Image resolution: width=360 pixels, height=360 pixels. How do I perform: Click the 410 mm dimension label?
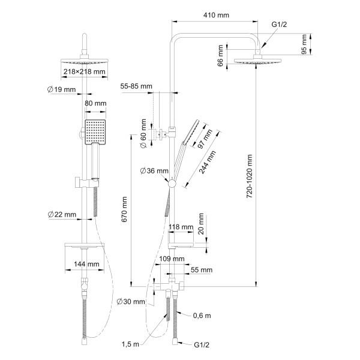tap(216, 15)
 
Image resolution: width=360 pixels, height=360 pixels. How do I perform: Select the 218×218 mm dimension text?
tap(84, 71)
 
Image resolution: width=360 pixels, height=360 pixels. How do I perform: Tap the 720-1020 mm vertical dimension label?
tap(249, 176)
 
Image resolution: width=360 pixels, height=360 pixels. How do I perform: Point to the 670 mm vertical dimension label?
tap(124, 209)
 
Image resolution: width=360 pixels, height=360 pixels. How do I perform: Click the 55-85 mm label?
tap(136, 86)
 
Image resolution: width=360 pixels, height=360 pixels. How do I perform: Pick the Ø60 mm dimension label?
tap(143, 133)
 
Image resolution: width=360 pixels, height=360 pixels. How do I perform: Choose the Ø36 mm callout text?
tap(154, 171)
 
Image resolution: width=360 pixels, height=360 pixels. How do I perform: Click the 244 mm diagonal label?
tap(208, 162)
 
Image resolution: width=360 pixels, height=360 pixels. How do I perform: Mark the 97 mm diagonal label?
tap(205, 139)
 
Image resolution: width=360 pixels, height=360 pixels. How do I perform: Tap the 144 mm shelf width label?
tap(86, 264)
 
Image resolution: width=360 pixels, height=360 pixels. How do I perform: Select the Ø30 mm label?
tap(131, 302)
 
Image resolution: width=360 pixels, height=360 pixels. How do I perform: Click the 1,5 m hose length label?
tap(130, 344)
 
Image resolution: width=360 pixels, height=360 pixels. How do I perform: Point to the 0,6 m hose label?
tap(202, 316)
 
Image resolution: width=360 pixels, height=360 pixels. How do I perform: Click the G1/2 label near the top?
tap(279, 25)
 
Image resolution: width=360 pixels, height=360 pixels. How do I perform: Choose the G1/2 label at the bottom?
tap(202, 345)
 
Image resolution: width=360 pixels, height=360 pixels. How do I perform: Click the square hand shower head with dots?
tap(95, 132)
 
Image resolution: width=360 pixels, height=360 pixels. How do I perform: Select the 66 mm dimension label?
tap(220, 56)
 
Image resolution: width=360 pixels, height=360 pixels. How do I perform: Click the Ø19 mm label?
tap(61, 89)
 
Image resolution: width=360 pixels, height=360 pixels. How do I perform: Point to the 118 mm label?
tap(181, 227)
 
